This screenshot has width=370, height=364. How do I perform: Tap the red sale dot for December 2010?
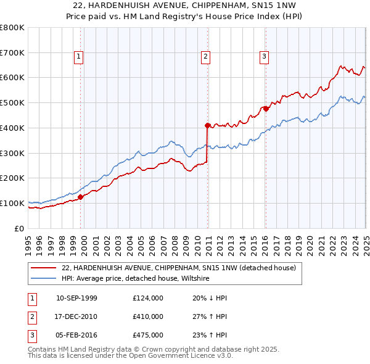click(207, 125)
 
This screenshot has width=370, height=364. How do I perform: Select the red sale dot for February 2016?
click(266, 109)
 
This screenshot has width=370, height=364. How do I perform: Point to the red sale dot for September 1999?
click(81, 197)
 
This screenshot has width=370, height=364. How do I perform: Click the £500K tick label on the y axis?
click(12, 103)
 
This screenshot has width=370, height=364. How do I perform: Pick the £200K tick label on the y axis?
click(12, 178)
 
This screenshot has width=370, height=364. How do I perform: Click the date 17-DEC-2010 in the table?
click(76, 316)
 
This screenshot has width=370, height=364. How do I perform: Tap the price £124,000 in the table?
click(147, 298)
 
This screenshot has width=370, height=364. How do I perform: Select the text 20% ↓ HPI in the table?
click(210, 298)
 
